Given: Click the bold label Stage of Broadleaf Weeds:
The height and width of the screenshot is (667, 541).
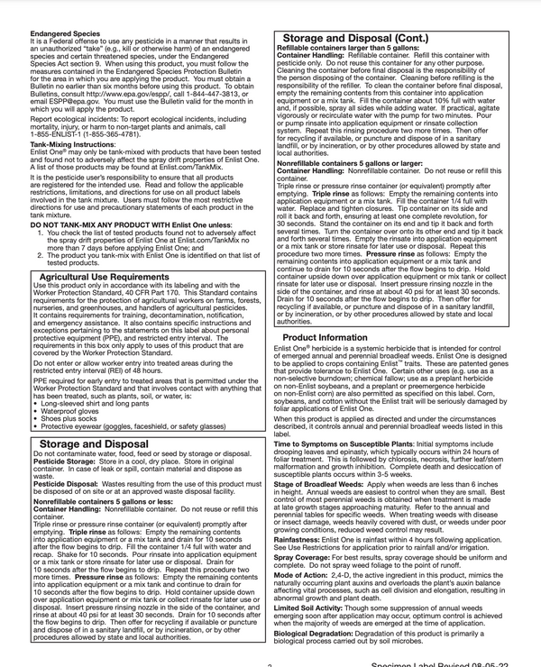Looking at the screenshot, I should point(327,484).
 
